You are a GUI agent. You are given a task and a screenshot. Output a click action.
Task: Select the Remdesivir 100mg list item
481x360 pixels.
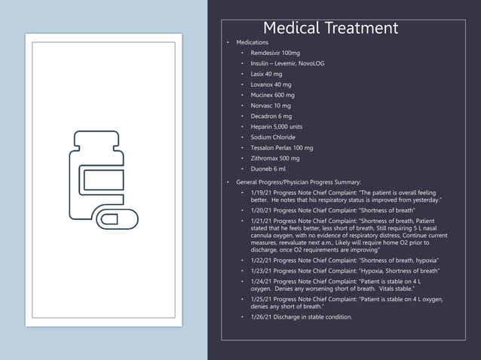point(274,53)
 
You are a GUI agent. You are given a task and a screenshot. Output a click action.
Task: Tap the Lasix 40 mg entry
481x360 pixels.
point(266,75)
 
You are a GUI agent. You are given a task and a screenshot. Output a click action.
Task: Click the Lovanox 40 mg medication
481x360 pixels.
point(271,85)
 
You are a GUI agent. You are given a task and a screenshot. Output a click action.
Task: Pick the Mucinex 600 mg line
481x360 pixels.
point(272,96)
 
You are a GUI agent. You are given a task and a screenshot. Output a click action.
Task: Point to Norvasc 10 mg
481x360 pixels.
point(270,106)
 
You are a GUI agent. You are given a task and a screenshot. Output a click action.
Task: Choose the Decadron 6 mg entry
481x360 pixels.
point(271,117)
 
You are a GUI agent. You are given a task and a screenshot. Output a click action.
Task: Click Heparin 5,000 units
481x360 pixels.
point(276,127)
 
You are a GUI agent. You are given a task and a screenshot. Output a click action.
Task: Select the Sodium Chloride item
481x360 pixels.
point(272,138)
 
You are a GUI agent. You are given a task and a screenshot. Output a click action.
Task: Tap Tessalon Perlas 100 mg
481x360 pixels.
point(281,148)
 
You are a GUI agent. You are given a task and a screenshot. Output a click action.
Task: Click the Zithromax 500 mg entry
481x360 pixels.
point(274,159)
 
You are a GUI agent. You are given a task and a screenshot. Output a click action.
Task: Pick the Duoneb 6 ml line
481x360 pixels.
point(268,169)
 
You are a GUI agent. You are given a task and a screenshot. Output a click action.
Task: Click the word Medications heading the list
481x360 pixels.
point(252,43)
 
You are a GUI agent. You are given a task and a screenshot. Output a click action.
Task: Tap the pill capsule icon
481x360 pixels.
point(117,219)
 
